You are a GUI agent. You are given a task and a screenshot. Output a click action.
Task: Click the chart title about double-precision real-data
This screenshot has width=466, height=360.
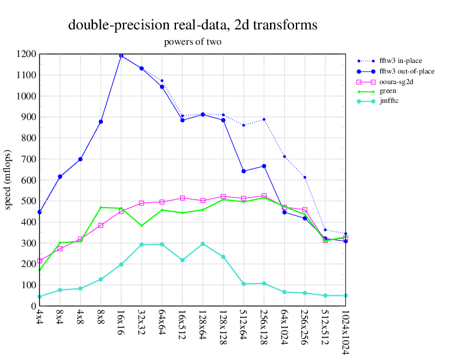(x=193, y=25)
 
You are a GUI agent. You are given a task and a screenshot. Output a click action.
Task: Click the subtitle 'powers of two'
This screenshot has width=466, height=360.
(x=193, y=42)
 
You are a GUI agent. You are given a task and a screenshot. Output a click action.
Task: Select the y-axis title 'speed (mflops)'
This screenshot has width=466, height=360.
(x=8, y=179)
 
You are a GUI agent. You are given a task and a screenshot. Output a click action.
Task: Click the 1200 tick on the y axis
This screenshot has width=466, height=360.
(x=26, y=54)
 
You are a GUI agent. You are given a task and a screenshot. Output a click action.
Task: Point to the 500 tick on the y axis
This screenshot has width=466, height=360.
(x=29, y=201)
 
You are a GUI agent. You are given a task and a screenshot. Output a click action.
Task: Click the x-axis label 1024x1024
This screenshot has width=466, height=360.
(x=345, y=331)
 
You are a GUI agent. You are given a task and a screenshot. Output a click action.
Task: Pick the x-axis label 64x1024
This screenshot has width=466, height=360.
(x=284, y=328)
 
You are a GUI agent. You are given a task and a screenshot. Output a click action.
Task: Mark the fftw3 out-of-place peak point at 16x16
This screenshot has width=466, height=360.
(x=121, y=56)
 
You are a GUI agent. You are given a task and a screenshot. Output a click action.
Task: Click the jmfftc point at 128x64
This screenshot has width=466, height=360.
(x=202, y=244)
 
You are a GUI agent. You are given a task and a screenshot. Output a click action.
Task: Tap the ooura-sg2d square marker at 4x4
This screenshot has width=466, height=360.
(x=39, y=261)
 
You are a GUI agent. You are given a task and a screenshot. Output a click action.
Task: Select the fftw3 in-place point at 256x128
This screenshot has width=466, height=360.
(x=264, y=119)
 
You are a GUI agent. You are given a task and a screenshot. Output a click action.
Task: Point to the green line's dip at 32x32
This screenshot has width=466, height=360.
(x=142, y=225)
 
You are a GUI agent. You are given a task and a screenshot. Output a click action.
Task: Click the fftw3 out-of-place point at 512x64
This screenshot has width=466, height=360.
(x=244, y=171)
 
